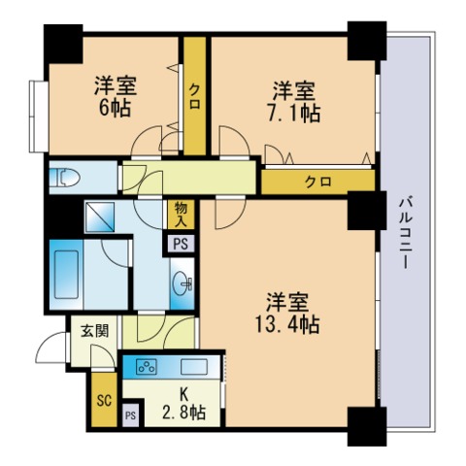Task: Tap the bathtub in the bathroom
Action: (66, 275)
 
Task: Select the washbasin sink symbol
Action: (183, 283)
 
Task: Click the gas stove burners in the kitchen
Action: (147, 367)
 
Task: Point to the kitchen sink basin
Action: (194, 367)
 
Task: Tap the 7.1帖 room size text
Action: (294, 114)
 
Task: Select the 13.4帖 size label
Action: (287, 324)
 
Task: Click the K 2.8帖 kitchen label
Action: (183, 404)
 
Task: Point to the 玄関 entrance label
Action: (94, 331)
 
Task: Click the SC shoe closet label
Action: (104, 400)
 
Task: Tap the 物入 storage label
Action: (181, 215)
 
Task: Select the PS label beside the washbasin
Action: (181, 244)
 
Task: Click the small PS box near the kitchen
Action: (131, 416)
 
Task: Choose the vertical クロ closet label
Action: (194, 96)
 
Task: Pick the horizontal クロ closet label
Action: (318, 183)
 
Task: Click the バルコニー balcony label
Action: (405, 234)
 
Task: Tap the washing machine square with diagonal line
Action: (100, 217)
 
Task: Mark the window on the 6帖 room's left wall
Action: (39, 116)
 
